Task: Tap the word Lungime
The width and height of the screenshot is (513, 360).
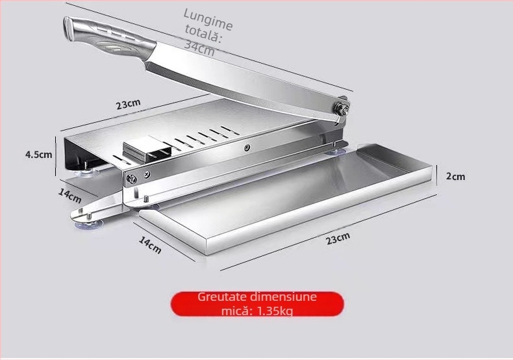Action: [208, 19]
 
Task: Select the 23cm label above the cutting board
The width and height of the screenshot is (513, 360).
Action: [129, 104]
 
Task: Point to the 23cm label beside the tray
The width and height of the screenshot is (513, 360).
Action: [338, 238]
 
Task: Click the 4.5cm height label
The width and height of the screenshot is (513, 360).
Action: [38, 154]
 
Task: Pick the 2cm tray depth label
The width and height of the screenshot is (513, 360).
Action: [455, 176]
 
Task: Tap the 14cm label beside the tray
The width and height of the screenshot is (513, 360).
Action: [150, 245]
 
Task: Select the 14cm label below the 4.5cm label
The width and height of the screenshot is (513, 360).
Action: [69, 196]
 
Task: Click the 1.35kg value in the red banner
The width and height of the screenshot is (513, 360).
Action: [275, 311]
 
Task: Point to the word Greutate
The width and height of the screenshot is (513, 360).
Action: [222, 297]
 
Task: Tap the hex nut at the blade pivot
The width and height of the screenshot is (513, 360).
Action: [340, 109]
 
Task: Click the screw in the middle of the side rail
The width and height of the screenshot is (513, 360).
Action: [247, 148]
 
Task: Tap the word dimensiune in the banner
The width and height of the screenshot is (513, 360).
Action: [283, 297]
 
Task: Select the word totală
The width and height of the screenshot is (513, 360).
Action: [203, 33]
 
